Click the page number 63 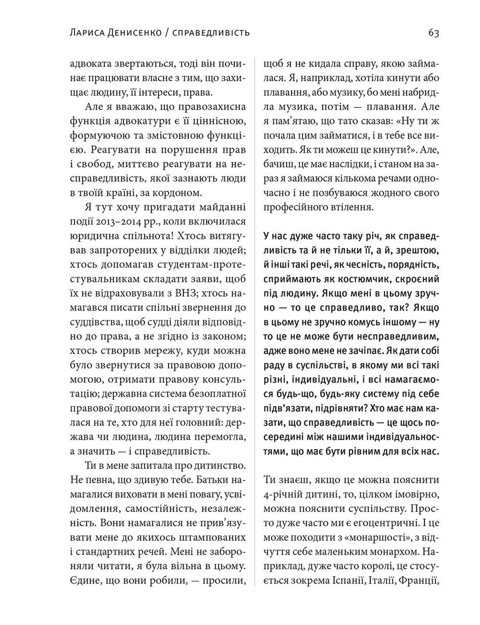click(433, 33)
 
